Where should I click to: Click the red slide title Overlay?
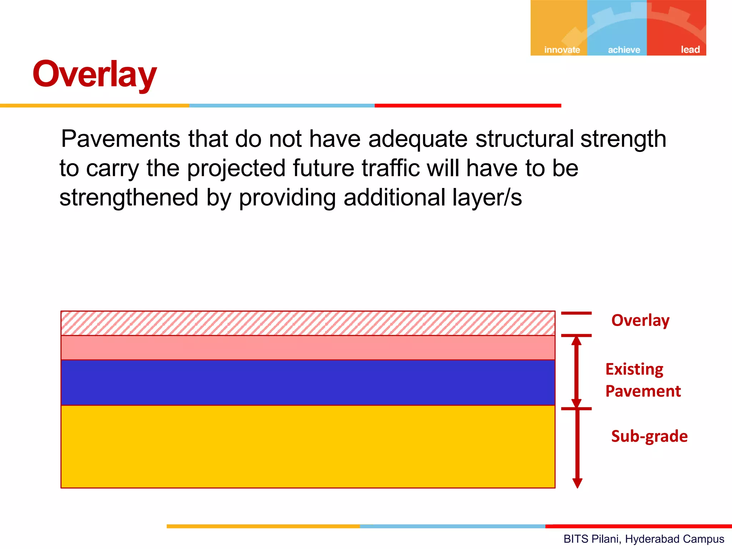click(94, 74)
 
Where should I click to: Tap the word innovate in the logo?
click(562, 50)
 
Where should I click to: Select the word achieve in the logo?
click(624, 50)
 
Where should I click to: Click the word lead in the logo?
click(690, 49)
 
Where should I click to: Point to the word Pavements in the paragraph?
click(120, 139)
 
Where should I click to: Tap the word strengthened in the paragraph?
click(129, 198)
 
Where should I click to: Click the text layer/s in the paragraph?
click(486, 198)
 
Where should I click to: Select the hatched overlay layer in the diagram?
click(308, 323)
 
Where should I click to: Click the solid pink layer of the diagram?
click(308, 347)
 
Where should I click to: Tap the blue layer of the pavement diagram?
click(308, 382)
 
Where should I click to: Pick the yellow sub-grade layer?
click(308, 446)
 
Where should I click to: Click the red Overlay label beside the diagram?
click(640, 320)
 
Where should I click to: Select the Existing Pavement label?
click(643, 380)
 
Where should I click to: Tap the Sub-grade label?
click(649, 436)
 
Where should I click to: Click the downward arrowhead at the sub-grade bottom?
click(577, 483)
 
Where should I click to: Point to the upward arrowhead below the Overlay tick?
click(576, 341)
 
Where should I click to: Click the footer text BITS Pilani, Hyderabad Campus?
click(643, 539)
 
